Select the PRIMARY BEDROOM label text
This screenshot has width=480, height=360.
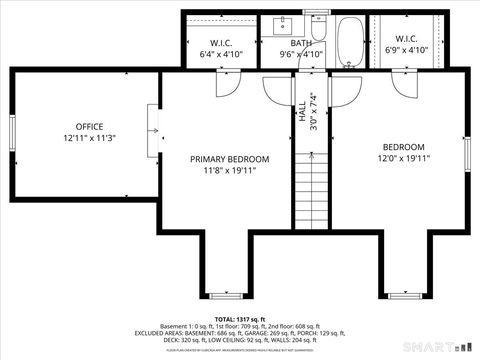tap(230, 159)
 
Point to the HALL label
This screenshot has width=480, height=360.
tap(302, 111)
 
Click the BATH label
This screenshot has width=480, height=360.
tap(301, 43)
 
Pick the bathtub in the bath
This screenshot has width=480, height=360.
tap(351, 41)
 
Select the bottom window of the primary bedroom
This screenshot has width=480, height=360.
tap(229, 297)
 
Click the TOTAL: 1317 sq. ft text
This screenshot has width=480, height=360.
tap(240, 317)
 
